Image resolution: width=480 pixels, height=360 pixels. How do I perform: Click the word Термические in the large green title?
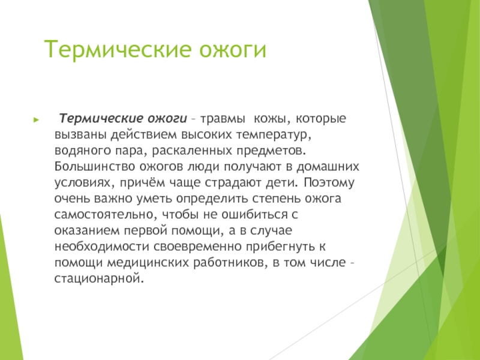[x=119, y=49]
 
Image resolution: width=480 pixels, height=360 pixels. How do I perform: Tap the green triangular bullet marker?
[x=37, y=119]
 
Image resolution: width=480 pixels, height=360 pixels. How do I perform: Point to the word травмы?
[x=223, y=119]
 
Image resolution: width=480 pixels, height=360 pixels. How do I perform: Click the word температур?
[x=274, y=135]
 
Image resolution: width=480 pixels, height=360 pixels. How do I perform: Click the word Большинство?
[x=95, y=167]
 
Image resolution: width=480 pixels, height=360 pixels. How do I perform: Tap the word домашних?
[x=328, y=167]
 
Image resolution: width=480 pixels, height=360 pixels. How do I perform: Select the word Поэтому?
[x=329, y=182]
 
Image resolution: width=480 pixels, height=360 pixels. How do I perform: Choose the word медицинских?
[x=148, y=263]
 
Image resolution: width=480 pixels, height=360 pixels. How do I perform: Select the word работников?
[x=230, y=263]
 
